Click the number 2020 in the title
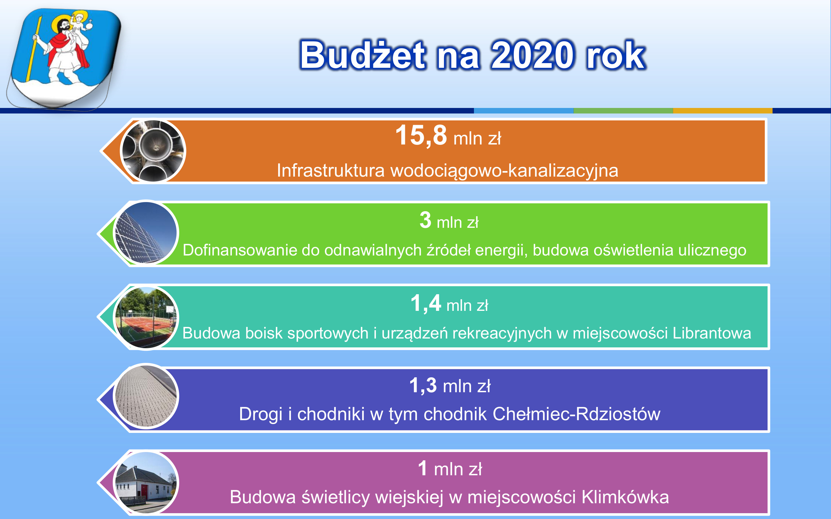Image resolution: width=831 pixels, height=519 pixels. click(532, 55)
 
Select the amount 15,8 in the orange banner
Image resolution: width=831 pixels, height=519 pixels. click(421, 135)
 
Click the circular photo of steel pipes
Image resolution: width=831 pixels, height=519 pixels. click(153, 150)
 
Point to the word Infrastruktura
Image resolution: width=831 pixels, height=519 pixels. click(331, 171)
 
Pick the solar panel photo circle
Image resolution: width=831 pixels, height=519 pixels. click(146, 233)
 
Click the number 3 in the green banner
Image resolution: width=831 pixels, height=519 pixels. click(425, 220)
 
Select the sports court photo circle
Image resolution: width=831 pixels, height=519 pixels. click(146, 317)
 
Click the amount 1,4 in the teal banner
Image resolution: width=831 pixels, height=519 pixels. click(426, 303)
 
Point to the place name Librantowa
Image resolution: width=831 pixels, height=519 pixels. click(712, 333)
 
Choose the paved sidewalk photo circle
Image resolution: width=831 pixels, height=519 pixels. click(146, 396)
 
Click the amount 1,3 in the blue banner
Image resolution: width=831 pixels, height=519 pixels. click(423, 386)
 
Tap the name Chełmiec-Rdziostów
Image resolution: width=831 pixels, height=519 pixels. click(576, 414)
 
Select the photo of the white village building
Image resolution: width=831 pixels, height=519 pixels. click(146, 483)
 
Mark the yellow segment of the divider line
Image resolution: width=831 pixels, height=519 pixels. click(722, 110)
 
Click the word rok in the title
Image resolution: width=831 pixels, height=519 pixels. click(616, 55)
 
